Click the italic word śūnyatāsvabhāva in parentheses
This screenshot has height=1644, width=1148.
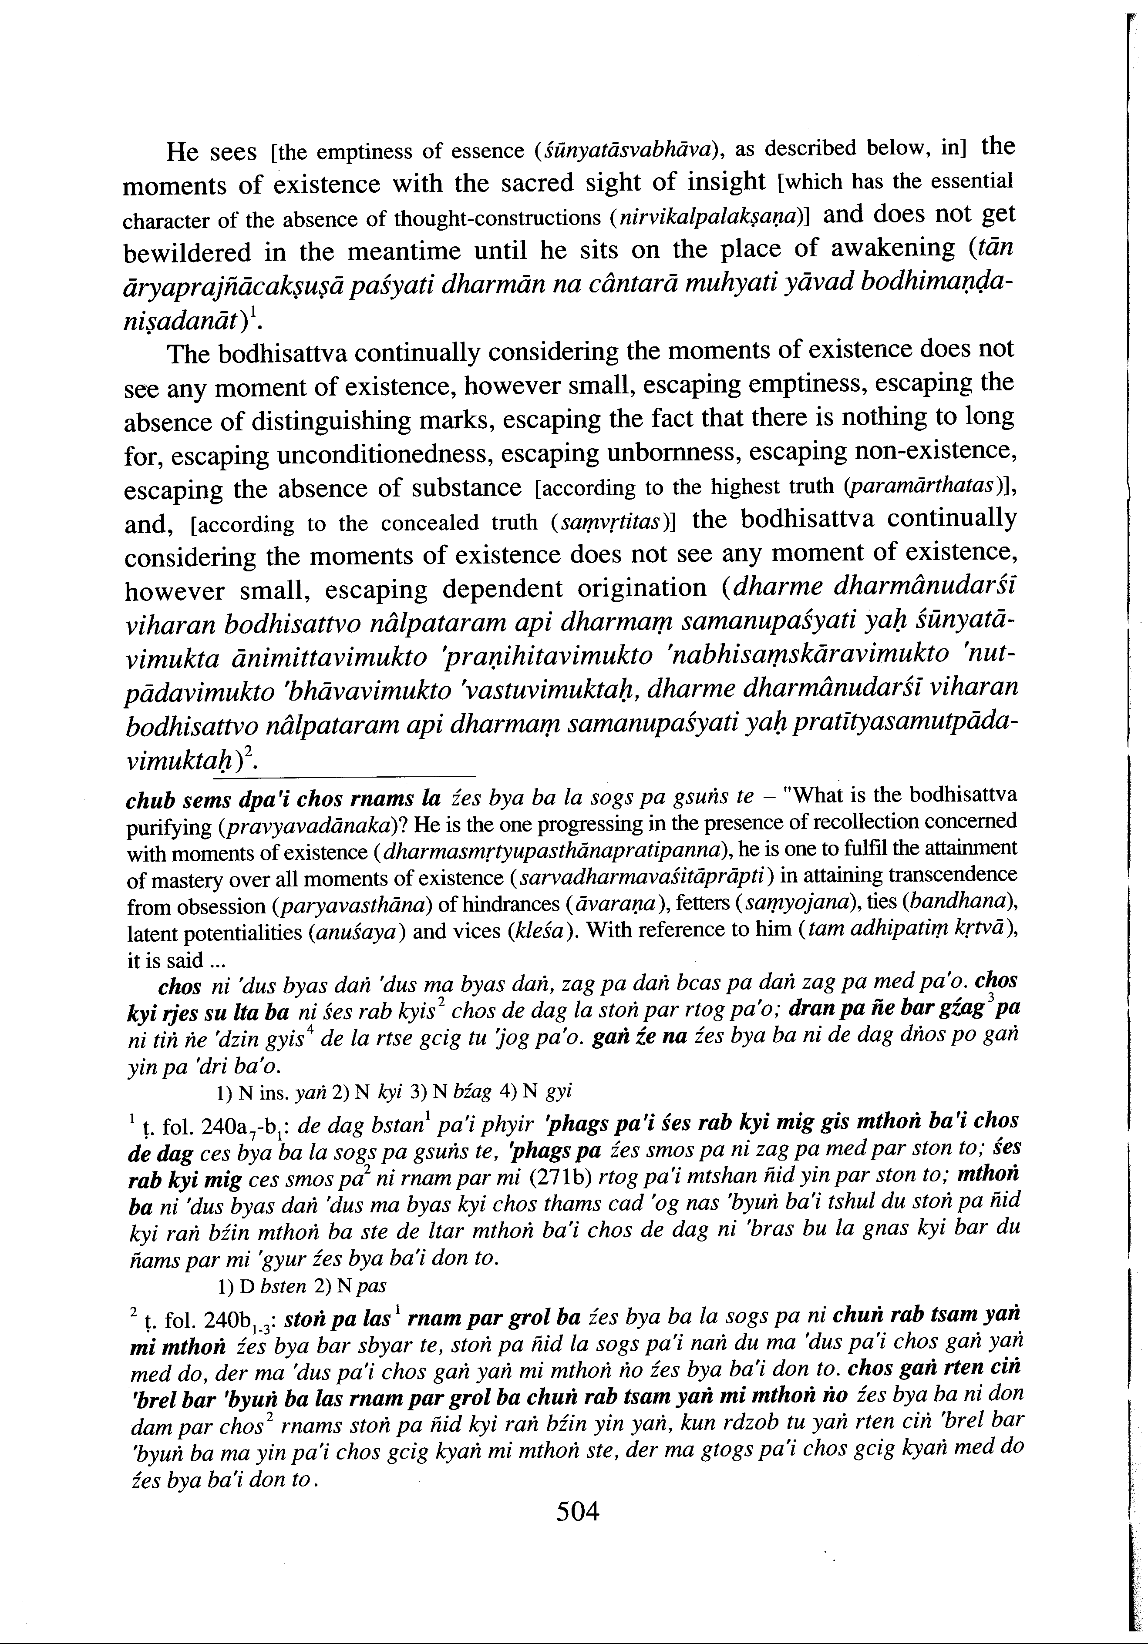(628, 151)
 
